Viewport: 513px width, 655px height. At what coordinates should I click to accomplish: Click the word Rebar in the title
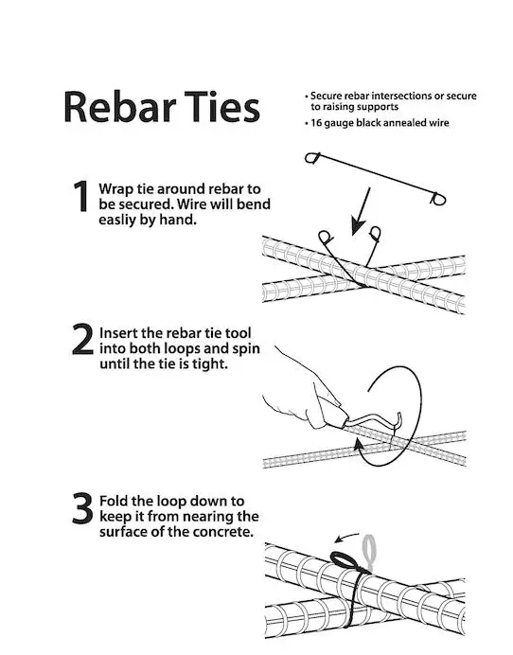(x=120, y=107)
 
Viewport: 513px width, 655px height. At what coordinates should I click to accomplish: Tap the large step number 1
(x=81, y=196)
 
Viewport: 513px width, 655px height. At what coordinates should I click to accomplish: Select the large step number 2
(x=82, y=339)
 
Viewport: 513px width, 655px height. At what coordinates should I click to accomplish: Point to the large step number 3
(x=82, y=508)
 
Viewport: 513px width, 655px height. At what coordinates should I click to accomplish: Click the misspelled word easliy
(x=116, y=220)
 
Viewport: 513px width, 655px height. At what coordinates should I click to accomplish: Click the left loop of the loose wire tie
(x=312, y=158)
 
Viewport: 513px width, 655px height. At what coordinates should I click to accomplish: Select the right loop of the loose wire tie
(x=438, y=199)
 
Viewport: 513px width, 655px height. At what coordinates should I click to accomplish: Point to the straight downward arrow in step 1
(x=361, y=211)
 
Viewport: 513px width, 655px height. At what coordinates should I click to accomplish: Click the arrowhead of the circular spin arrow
(x=359, y=445)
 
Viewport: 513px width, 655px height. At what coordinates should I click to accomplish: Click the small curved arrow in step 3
(x=346, y=537)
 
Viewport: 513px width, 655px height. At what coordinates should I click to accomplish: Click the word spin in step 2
(x=246, y=349)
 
